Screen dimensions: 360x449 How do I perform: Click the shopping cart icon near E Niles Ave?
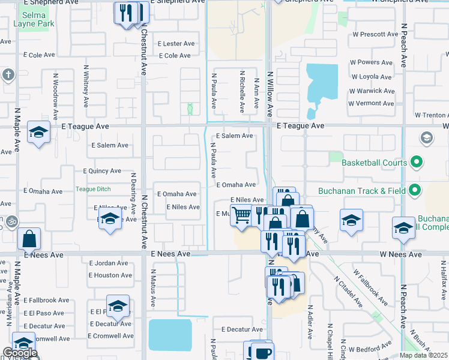pyautogui.click(x=241, y=214)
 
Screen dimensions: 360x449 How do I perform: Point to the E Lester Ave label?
pyautogui.click(x=176, y=44)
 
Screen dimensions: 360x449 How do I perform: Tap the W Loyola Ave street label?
pyautogui.click(x=373, y=77)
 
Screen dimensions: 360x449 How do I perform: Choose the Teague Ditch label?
pyautogui.click(x=93, y=189)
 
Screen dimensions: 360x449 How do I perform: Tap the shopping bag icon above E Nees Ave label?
pyautogui.click(x=29, y=239)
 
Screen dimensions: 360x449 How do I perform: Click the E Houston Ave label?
pyautogui.click(x=110, y=275)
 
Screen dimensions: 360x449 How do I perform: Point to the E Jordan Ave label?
pyautogui.click(x=109, y=263)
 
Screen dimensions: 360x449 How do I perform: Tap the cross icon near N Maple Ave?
pyautogui.click(x=8, y=75)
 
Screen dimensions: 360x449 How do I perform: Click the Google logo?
pyautogui.click(x=20, y=353)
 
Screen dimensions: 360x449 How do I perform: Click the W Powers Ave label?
pyautogui.click(x=372, y=62)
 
